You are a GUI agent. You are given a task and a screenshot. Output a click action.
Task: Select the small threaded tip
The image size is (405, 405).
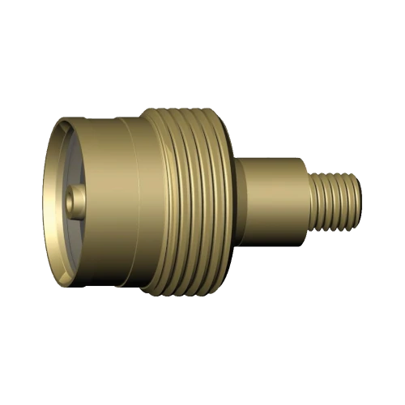(336, 202)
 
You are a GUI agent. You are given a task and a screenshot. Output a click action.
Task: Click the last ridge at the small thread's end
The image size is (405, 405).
(355, 202)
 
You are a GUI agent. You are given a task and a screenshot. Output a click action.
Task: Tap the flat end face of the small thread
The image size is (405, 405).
(360, 202)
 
